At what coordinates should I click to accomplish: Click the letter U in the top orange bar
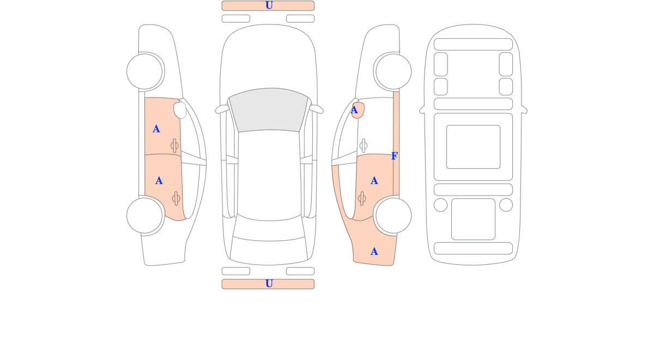[269, 5]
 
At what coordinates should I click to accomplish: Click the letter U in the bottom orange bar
[269, 284]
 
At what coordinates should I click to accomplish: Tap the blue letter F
[395, 156]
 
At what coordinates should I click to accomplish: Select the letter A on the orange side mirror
[354, 110]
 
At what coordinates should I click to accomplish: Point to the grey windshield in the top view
[269, 109]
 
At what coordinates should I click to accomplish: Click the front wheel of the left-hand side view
[144, 71]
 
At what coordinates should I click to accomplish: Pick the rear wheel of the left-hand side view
[144, 216]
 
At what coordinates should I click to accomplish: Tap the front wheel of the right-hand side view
[393, 71]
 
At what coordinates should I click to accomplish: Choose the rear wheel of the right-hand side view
[393, 216]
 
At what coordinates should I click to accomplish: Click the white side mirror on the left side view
[180, 110]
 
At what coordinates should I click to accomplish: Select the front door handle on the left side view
[174, 145]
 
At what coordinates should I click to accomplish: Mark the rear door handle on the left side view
[176, 199]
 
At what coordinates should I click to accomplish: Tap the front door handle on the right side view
[364, 145]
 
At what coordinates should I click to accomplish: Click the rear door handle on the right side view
[362, 199]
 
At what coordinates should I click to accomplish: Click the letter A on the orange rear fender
[374, 252]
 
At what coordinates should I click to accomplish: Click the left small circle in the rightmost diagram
[440, 205]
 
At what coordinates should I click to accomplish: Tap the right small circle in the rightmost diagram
[506, 205]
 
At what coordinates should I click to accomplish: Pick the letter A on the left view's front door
[156, 129]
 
